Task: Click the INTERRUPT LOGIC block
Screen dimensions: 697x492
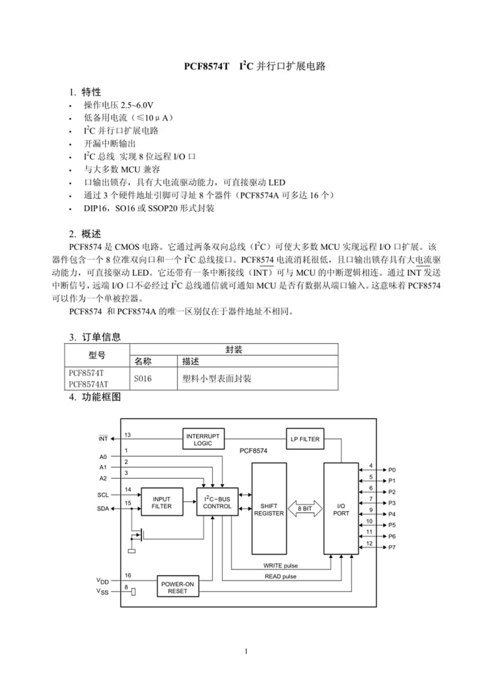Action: (x=203, y=439)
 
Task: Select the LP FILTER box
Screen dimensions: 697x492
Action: (x=305, y=439)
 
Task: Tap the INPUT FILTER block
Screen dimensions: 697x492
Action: (x=162, y=502)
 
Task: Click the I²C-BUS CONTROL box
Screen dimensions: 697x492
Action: (x=217, y=502)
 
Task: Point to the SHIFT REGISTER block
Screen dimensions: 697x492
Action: (x=269, y=509)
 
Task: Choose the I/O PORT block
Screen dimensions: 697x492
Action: (x=341, y=509)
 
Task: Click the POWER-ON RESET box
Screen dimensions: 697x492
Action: (x=178, y=587)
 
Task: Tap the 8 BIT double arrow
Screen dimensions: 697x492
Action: (x=305, y=508)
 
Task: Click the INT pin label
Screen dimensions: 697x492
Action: (x=103, y=439)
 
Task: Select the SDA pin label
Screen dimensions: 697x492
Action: (x=103, y=508)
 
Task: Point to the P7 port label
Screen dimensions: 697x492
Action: (x=392, y=547)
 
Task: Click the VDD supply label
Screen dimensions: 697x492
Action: (x=103, y=581)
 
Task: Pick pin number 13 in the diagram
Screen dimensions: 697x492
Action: (x=128, y=435)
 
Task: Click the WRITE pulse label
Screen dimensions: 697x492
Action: (x=280, y=565)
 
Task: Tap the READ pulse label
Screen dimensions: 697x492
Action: (x=280, y=576)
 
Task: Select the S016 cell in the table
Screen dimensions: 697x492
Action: (x=143, y=379)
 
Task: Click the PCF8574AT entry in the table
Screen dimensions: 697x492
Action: (x=88, y=384)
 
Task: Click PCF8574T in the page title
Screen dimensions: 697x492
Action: (x=207, y=66)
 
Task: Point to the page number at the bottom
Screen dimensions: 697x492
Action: (x=246, y=651)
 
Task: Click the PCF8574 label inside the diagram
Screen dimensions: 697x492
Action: (x=253, y=451)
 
